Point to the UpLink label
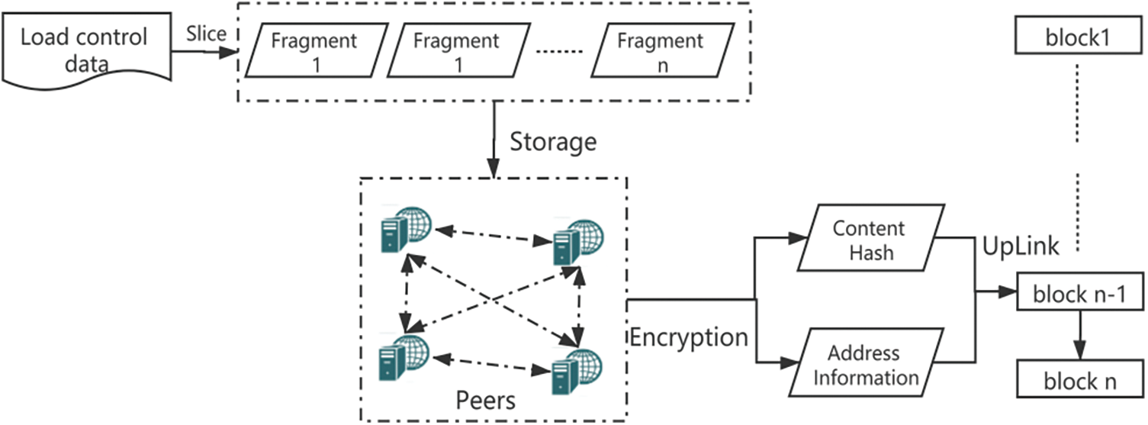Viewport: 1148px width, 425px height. [x=1020, y=245]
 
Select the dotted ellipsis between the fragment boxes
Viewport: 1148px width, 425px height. [x=560, y=52]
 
